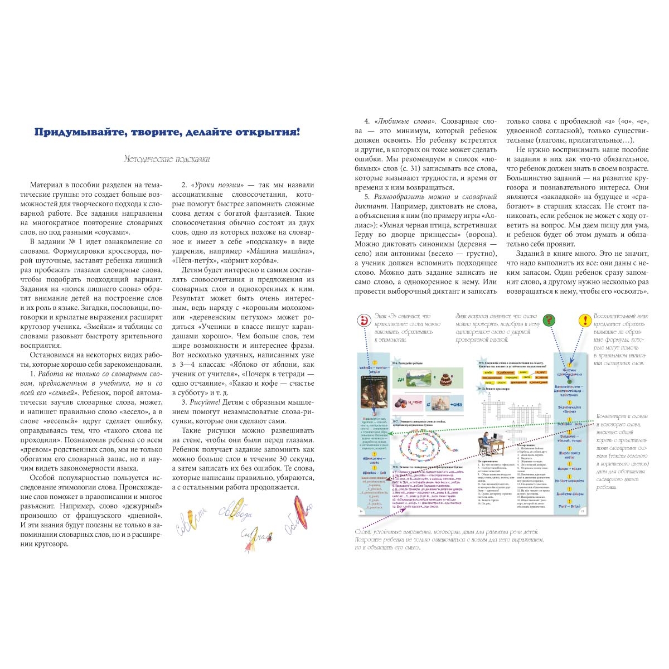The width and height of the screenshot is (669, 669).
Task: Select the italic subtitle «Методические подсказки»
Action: point(167,159)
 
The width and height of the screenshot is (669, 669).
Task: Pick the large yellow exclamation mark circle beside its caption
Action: point(584,320)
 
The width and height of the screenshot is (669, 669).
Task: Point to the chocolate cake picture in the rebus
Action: point(445,380)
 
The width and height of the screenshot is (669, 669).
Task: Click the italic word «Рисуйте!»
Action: point(203,402)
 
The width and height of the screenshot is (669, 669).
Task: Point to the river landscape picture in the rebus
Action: point(420,380)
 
